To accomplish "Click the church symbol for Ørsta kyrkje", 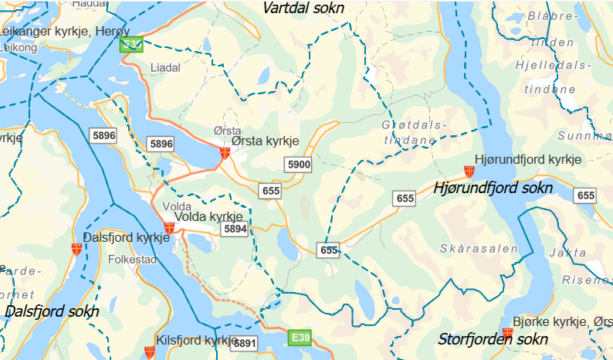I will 225,153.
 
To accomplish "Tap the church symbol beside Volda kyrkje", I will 169,228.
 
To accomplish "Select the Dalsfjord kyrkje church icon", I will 76,249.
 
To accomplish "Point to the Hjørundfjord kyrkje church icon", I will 468,171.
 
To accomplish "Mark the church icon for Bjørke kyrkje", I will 506,324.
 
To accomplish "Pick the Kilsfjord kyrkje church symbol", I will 150,352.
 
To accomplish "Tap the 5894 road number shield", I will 234,229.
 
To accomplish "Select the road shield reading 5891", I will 243,342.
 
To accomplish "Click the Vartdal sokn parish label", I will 303,8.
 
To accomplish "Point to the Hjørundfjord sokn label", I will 493,188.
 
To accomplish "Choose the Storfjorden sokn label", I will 493,339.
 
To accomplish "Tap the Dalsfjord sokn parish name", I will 52,311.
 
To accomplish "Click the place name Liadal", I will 165,67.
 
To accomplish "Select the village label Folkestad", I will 132,260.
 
